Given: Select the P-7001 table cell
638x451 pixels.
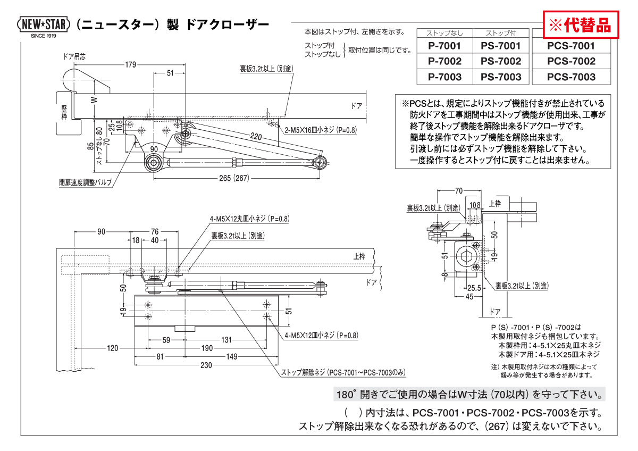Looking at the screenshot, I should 444,46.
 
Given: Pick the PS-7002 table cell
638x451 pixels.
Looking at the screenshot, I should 501,61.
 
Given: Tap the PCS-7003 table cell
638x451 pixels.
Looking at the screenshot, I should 571,77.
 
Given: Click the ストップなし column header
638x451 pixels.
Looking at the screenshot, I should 444,33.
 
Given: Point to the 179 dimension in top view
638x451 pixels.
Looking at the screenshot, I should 130,65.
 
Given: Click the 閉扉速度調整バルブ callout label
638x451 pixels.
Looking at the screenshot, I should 85,182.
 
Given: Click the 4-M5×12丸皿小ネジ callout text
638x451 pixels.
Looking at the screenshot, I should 249,219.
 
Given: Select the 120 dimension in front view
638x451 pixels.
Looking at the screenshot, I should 112,348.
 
